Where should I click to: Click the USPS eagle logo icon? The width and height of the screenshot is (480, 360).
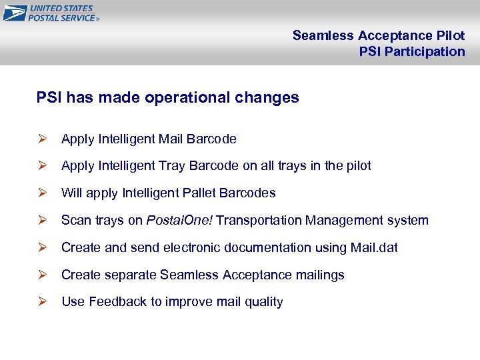(15, 13)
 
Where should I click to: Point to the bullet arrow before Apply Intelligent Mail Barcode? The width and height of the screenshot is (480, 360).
(41, 139)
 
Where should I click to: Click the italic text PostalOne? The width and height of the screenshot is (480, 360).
(179, 221)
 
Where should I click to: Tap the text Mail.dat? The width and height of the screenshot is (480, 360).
(374, 248)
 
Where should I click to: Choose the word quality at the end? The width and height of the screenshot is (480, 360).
(264, 302)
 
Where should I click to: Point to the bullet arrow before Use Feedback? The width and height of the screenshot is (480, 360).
(41, 302)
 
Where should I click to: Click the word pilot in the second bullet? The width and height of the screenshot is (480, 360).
(357, 166)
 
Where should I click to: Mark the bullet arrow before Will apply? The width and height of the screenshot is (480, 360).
(41, 193)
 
